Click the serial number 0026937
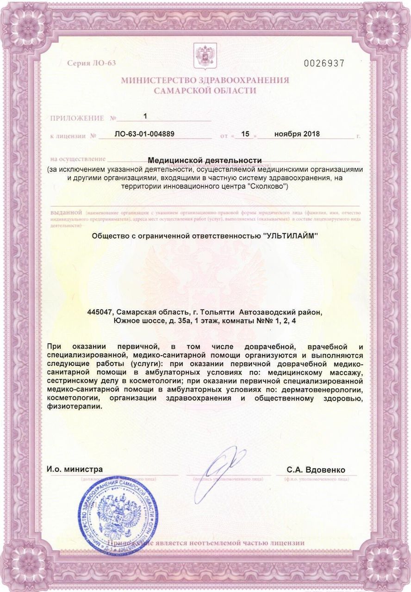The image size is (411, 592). point(324,63)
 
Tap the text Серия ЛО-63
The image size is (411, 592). point(91,63)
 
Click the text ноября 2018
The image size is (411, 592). point(297,135)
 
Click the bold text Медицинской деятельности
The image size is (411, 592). point(205,160)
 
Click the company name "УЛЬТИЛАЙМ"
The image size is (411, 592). point(291,236)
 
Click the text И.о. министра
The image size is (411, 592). point(75,469)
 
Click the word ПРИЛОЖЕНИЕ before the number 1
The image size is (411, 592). point(77,118)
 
